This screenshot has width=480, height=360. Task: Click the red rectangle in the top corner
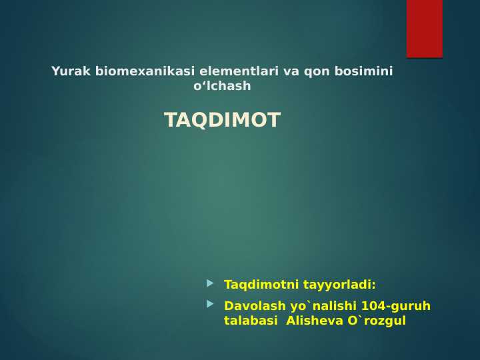coord(425,29)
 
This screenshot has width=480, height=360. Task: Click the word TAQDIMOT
coord(222,121)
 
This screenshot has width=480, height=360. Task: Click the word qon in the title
coord(315,71)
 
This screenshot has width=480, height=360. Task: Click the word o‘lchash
coord(222,86)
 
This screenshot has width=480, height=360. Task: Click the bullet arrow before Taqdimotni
coord(211,283)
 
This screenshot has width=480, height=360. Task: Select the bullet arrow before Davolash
coord(211,305)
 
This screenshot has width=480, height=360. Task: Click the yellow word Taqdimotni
coord(261,285)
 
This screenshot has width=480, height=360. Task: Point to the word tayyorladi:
coord(339,285)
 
